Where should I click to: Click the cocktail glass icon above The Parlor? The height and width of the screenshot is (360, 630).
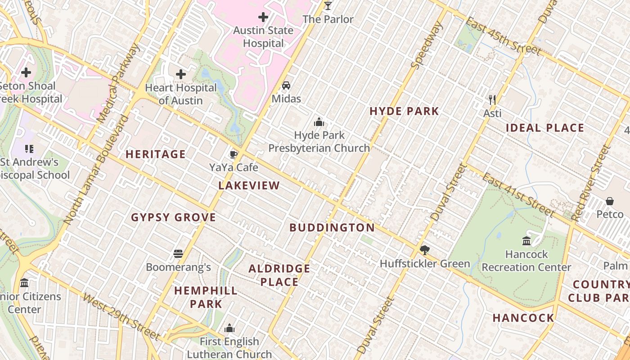pyautogui.click(x=328, y=6)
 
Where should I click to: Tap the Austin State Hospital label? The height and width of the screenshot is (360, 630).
pyautogui.click(x=263, y=37)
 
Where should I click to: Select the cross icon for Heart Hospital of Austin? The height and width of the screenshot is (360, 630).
pyautogui.click(x=181, y=74)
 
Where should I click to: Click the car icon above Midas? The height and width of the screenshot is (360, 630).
pyautogui.click(x=286, y=85)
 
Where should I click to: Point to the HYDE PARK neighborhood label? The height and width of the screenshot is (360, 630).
pyautogui.click(x=404, y=111)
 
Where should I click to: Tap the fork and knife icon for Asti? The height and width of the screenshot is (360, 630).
pyautogui.click(x=492, y=99)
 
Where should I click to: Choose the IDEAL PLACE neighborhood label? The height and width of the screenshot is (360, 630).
pyautogui.click(x=545, y=128)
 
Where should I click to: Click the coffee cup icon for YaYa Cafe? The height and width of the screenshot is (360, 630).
pyautogui.click(x=234, y=155)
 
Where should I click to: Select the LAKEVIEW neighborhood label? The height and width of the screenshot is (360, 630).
pyautogui.click(x=249, y=185)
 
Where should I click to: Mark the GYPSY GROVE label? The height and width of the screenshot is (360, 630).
pyautogui.click(x=174, y=218)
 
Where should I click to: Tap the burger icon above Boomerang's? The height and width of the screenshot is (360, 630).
pyautogui.click(x=178, y=254)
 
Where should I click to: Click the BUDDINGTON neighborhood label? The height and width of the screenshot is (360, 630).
pyautogui.click(x=332, y=228)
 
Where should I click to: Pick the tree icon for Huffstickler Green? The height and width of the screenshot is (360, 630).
pyautogui.click(x=424, y=250)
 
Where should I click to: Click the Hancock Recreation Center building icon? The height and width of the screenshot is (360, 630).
pyautogui.click(x=526, y=241)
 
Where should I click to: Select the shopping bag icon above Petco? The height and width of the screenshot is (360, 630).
pyautogui.click(x=610, y=201)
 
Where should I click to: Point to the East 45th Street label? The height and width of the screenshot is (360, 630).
pyautogui.click(x=503, y=36)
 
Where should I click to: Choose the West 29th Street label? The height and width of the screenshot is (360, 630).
pyautogui.click(x=121, y=317)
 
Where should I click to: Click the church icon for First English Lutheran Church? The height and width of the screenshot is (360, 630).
pyautogui.click(x=229, y=328)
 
